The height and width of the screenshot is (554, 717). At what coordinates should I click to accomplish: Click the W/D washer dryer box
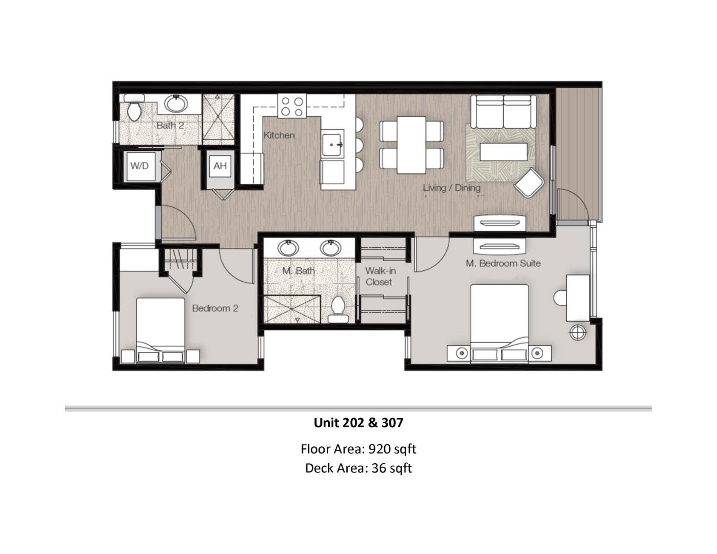pos(140,166)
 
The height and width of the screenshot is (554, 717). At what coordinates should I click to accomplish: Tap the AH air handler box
pos(220,166)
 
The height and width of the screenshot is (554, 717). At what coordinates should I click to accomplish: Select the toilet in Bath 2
pos(134,110)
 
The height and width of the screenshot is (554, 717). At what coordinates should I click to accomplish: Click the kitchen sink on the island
pos(332,145)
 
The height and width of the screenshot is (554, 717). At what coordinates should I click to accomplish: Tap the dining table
pos(411,145)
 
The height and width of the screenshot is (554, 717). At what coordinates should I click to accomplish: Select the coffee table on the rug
pos(503,152)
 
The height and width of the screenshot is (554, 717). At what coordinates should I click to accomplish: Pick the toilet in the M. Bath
pos(337,308)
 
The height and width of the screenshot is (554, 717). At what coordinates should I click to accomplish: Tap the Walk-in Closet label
pos(380,276)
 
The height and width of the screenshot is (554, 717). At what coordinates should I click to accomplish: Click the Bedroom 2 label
pos(215,308)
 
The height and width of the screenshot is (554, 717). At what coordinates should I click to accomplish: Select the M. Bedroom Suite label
pos(503,263)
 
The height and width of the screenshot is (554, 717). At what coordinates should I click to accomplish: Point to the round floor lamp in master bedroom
pos(578,332)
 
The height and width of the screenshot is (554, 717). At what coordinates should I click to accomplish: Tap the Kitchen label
pos(279,135)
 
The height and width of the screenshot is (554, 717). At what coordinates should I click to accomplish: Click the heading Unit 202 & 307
pos(358,423)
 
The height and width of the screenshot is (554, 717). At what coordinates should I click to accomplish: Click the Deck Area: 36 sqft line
pos(358,468)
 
